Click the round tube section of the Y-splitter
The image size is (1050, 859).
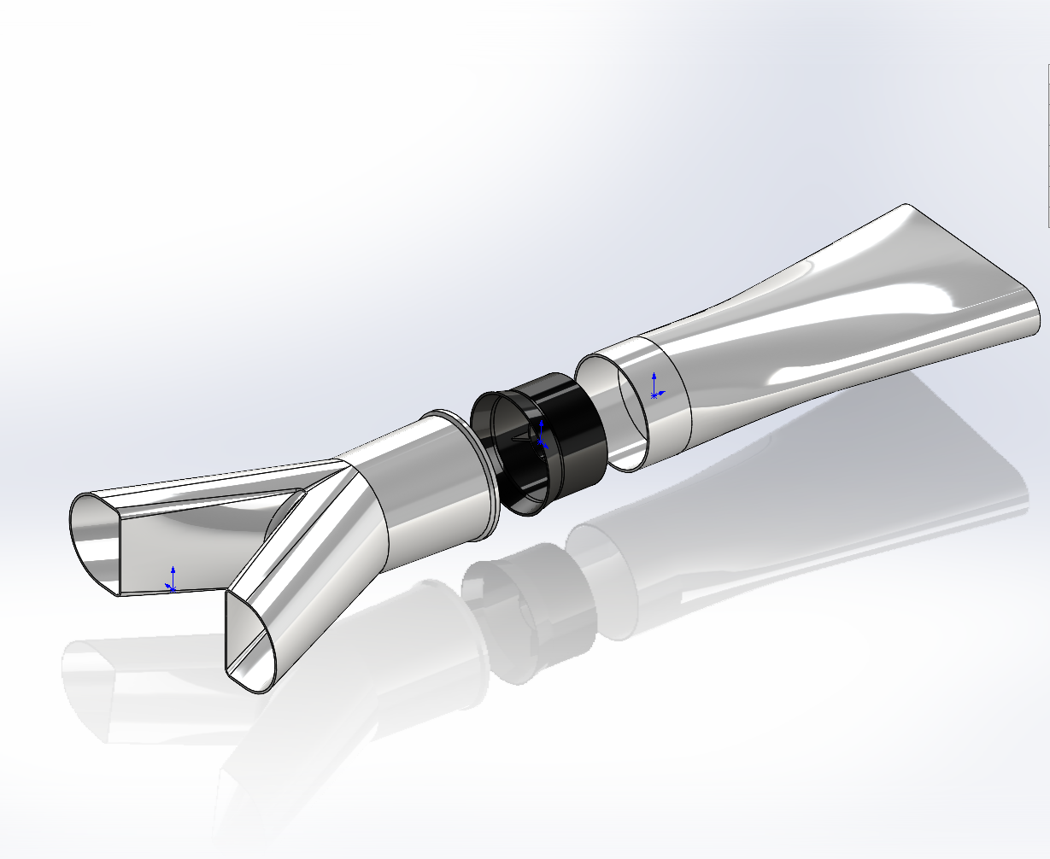pos(427,495)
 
